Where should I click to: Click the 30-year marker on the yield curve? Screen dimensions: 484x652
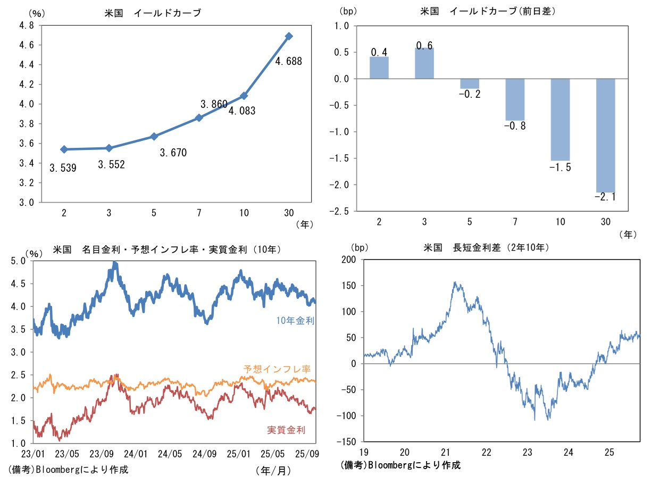coord(289,36)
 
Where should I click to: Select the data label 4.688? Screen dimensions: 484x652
coord(289,62)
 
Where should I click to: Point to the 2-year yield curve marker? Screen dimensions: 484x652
coord(64,149)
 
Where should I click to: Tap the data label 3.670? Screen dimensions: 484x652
coord(173,153)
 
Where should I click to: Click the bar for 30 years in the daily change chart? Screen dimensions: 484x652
coord(605,136)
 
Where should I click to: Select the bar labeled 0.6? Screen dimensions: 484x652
coord(424,63)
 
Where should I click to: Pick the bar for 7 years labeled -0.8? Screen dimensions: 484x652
coord(515,99)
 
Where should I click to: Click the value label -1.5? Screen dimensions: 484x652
coord(559,168)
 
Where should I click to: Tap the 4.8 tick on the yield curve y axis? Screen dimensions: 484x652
coord(27,25)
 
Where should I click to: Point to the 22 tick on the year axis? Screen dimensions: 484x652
coord(486,453)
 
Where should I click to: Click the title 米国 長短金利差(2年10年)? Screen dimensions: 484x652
coord(486,248)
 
